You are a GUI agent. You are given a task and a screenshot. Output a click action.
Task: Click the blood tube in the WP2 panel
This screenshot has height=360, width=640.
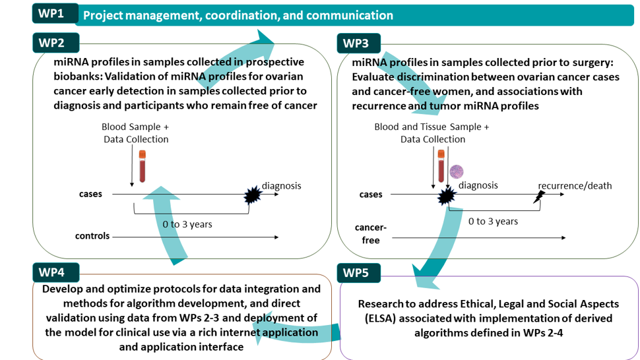(x=142, y=166)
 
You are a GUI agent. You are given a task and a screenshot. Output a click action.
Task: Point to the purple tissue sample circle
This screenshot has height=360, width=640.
(x=457, y=171)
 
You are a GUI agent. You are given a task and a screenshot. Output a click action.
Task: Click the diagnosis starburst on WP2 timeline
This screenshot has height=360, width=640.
(x=253, y=195)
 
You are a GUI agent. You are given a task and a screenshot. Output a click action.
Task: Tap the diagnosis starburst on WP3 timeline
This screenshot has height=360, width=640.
(x=446, y=196)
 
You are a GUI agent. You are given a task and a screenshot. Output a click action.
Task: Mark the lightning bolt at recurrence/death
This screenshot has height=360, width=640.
(x=539, y=197)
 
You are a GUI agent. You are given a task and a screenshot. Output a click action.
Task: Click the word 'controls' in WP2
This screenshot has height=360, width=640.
(x=92, y=236)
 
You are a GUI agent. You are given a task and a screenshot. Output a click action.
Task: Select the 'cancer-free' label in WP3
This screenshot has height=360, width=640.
(x=371, y=234)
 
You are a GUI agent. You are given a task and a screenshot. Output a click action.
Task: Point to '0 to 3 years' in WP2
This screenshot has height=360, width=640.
(x=187, y=224)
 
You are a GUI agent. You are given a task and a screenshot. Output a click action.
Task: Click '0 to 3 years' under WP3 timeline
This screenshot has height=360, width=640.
(x=493, y=222)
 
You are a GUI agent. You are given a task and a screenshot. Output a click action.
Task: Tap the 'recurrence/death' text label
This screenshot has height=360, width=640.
(x=575, y=186)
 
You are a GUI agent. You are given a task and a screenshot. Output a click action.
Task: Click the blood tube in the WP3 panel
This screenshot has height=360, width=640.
(x=441, y=166)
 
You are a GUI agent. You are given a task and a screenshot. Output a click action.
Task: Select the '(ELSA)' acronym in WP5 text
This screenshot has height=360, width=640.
(x=381, y=318)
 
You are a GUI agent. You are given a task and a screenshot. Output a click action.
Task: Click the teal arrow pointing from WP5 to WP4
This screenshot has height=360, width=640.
(x=296, y=330)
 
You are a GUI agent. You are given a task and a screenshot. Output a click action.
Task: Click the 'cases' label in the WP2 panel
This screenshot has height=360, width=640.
(x=90, y=194)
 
